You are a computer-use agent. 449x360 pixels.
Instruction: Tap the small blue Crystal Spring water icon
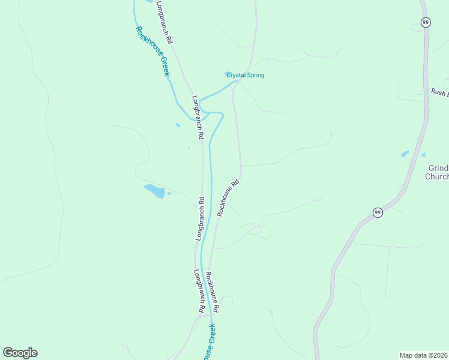point(228,74)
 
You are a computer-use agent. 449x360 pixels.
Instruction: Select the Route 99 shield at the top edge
point(426,22)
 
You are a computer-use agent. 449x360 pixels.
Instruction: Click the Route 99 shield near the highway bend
point(377,212)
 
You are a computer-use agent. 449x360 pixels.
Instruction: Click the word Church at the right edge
point(436,177)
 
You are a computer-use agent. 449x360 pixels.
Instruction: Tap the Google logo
point(20,353)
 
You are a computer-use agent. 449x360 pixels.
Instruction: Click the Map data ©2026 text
point(423,355)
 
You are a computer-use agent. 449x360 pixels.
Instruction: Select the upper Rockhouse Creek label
point(152,51)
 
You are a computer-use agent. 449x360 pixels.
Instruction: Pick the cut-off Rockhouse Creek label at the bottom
point(209,342)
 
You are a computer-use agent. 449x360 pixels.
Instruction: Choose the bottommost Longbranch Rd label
point(199,290)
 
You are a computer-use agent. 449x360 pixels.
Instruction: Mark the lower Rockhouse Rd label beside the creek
point(212,292)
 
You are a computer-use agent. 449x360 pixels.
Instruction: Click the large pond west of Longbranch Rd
point(155,191)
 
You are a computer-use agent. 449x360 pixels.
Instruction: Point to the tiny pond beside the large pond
point(169,193)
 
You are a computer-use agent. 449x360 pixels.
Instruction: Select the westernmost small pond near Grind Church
point(405,154)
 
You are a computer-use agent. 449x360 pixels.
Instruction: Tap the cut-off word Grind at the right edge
point(439,169)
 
